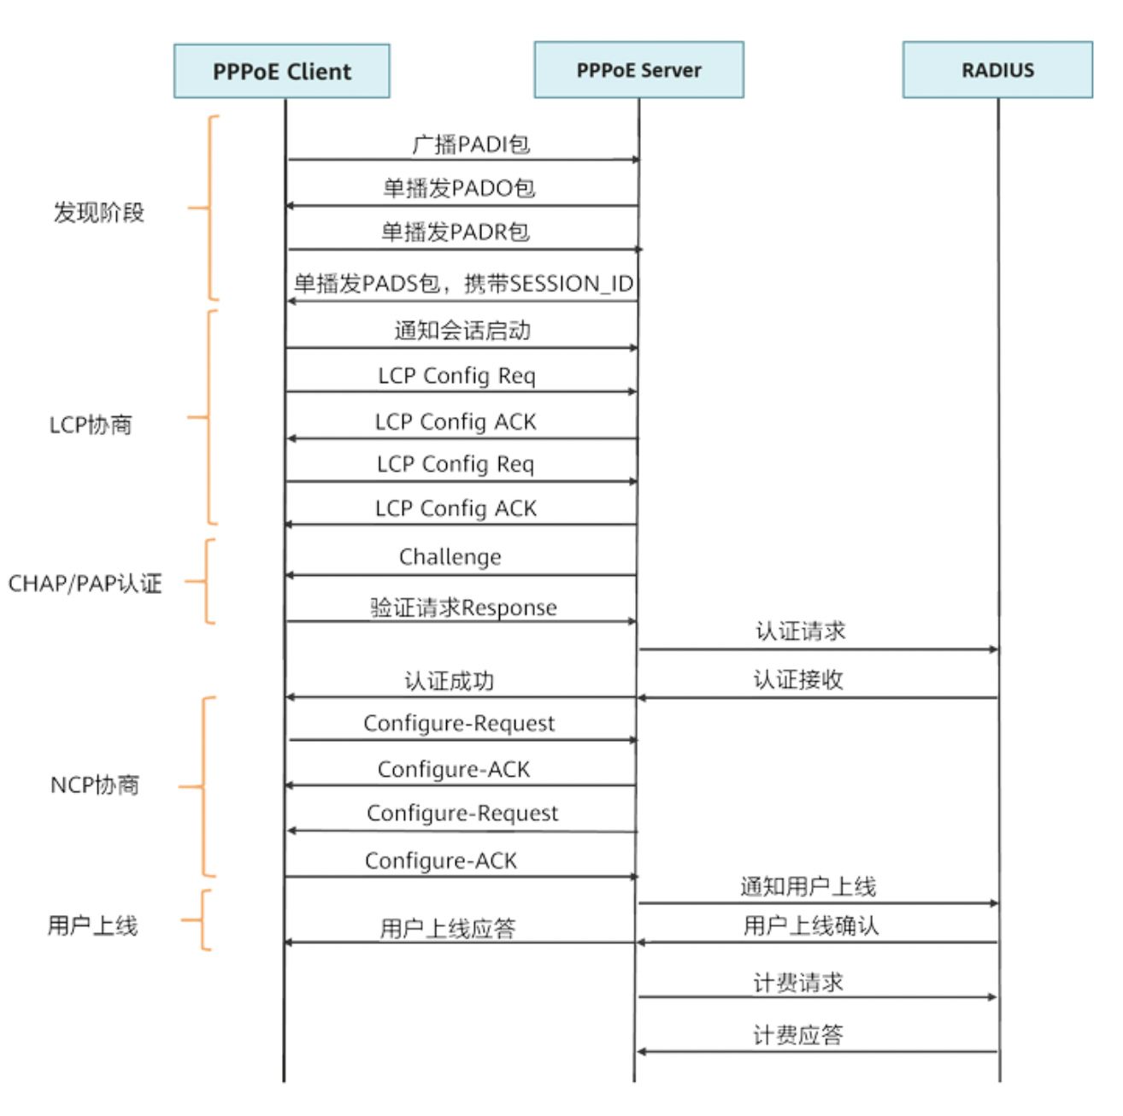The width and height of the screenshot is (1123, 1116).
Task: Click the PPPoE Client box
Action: click(x=281, y=71)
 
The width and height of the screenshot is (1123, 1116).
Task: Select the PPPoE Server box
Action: click(x=638, y=69)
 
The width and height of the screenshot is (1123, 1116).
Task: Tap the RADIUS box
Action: click(x=997, y=69)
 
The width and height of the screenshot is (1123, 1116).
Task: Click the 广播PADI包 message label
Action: click(x=471, y=144)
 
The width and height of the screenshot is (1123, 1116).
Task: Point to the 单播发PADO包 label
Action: click(x=459, y=188)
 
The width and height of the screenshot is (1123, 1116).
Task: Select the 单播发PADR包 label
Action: click(x=456, y=232)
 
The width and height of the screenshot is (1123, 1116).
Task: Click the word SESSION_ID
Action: click(x=572, y=284)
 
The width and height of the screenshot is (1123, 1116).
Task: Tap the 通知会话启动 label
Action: click(x=462, y=331)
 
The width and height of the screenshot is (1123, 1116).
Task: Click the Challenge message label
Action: click(x=450, y=557)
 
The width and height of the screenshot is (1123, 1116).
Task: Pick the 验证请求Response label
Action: click(x=463, y=608)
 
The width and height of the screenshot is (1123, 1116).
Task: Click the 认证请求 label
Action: click(x=800, y=631)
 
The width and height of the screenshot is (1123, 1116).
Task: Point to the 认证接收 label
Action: click(x=798, y=679)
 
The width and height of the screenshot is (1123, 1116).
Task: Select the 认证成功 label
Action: click(x=449, y=681)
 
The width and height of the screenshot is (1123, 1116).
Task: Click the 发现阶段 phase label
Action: click(x=98, y=212)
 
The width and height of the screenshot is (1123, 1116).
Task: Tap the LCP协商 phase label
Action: click(x=91, y=425)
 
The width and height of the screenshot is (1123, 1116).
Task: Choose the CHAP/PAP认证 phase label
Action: click(x=85, y=584)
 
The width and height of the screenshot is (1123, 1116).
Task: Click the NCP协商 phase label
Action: click(x=94, y=785)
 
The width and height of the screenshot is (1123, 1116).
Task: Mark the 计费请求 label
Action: click(x=798, y=983)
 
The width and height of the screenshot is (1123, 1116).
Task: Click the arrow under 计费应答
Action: click(x=817, y=1052)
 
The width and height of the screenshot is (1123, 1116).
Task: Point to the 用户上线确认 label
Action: click(x=811, y=925)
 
